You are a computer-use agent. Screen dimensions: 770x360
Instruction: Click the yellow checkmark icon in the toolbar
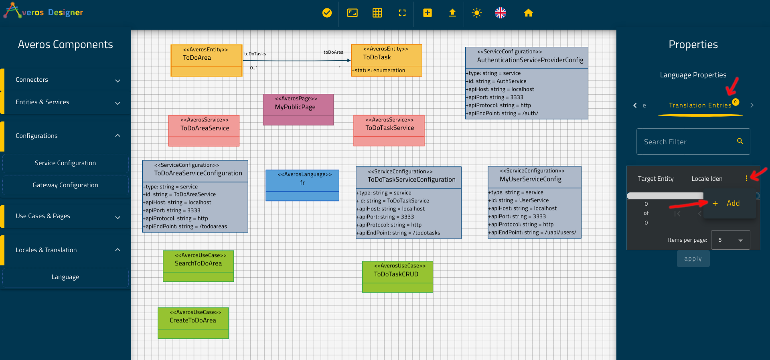pyautogui.click(x=327, y=13)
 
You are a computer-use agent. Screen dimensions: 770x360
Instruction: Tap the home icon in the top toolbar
pyautogui.click(x=528, y=13)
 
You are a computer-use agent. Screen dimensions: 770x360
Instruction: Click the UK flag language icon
pyautogui.click(x=500, y=13)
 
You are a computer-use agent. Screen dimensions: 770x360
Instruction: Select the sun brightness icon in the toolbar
pyautogui.click(x=476, y=13)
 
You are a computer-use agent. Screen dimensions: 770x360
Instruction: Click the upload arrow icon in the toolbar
pyautogui.click(x=452, y=13)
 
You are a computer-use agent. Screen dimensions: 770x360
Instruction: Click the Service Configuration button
pyautogui.click(x=65, y=163)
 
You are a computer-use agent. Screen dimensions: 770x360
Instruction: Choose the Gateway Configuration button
pyautogui.click(x=65, y=185)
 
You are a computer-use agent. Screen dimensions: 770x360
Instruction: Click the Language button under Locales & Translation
pyautogui.click(x=65, y=277)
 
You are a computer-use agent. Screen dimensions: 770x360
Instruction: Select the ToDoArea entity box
pyautogui.click(x=207, y=60)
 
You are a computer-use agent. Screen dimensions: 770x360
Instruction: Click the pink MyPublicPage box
pyautogui.click(x=298, y=109)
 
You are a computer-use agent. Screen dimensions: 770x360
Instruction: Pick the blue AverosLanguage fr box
pyautogui.click(x=302, y=185)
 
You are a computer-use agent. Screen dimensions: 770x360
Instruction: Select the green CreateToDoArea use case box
pyautogui.click(x=193, y=323)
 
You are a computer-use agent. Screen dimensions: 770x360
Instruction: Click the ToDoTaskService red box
pyautogui.click(x=389, y=131)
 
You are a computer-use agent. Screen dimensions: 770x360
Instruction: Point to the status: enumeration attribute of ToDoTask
pyautogui.click(x=379, y=71)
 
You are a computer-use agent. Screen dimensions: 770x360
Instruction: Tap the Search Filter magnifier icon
pyautogui.click(x=740, y=141)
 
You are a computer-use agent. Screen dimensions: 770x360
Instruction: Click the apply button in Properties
pyautogui.click(x=693, y=259)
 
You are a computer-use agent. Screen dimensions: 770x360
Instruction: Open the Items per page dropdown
pyautogui.click(x=730, y=240)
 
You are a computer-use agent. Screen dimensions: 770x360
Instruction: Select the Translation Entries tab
pyautogui.click(x=700, y=105)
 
